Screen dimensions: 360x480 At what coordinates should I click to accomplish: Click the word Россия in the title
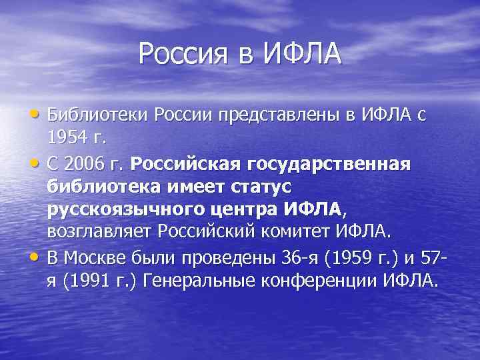click(180, 53)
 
